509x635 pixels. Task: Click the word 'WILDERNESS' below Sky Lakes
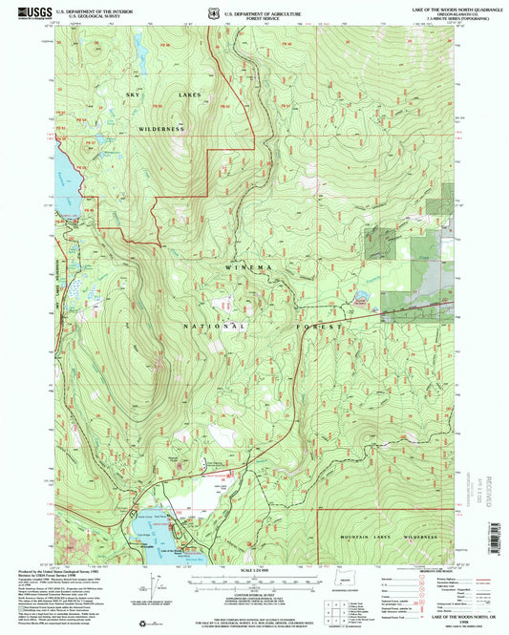point(160,127)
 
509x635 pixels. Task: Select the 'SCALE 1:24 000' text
point(253,573)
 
